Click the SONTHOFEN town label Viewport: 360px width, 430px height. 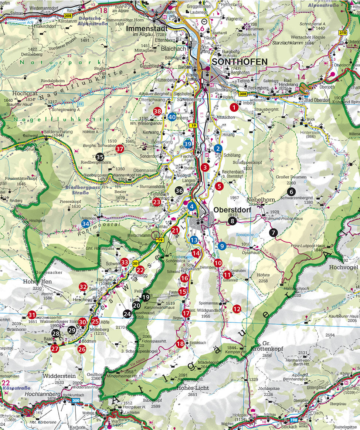coord(239,62)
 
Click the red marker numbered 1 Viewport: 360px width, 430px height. coord(234,107)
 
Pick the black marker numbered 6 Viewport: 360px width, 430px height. coord(291,192)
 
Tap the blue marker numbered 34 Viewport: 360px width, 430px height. coord(86,224)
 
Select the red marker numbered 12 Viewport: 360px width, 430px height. coord(237,308)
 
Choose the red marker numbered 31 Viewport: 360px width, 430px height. coord(32,315)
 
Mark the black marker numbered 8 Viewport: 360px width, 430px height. coord(232,221)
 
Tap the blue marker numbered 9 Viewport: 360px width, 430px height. coord(222,246)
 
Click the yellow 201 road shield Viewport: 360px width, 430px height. coord(136,263)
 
